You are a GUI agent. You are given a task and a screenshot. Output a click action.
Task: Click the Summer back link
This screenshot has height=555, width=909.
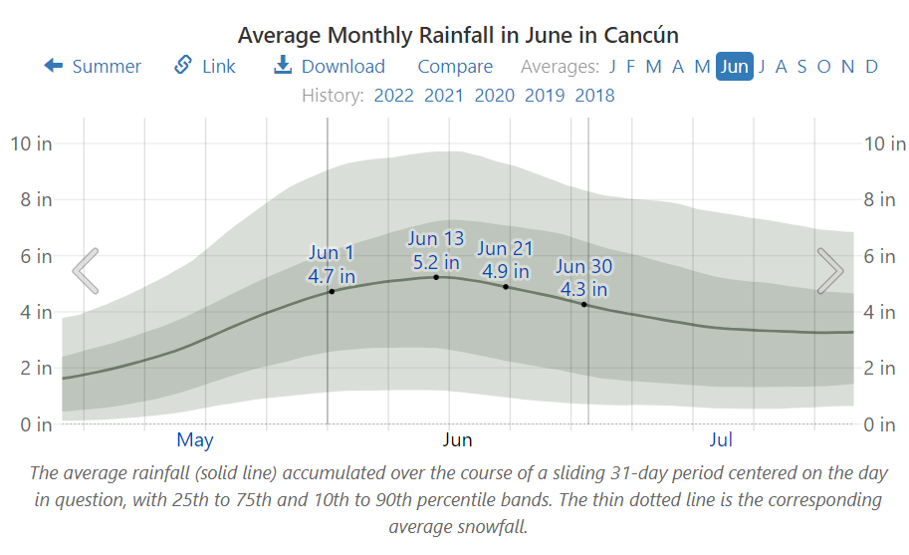click(x=93, y=67)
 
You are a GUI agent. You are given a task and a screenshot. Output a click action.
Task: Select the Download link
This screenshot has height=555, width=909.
click(x=330, y=67)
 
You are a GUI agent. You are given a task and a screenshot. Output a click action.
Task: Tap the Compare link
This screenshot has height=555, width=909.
click(x=455, y=67)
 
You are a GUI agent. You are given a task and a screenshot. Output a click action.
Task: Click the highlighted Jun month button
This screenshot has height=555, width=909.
click(x=734, y=67)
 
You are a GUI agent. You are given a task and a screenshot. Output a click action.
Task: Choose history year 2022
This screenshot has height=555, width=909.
click(x=393, y=96)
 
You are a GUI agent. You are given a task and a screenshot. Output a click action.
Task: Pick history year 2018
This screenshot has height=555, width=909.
click(x=594, y=96)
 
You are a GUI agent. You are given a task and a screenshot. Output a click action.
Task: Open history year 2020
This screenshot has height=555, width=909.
click(x=494, y=96)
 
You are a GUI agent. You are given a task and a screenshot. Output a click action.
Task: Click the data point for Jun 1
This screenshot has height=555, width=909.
click(x=332, y=291)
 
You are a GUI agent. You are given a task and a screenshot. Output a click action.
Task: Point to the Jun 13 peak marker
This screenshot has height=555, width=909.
click(x=436, y=277)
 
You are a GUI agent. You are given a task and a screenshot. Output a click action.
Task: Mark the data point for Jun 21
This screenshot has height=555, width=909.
click(x=506, y=287)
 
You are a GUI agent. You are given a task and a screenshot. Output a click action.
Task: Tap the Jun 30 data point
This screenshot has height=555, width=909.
click(x=583, y=304)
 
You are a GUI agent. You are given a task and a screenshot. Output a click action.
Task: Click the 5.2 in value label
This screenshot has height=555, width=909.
click(x=436, y=263)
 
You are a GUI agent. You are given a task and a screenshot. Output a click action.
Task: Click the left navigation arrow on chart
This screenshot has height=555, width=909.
click(x=86, y=271)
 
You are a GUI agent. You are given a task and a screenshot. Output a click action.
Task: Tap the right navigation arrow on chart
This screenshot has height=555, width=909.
click(x=829, y=271)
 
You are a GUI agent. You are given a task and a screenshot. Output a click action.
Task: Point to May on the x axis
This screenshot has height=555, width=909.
click(x=195, y=439)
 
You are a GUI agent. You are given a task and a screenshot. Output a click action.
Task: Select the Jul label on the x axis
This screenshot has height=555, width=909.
click(x=721, y=439)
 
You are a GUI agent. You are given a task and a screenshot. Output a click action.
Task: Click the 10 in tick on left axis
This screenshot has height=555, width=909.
click(x=31, y=143)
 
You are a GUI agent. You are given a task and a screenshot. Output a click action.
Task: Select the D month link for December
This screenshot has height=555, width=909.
click(x=871, y=67)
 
